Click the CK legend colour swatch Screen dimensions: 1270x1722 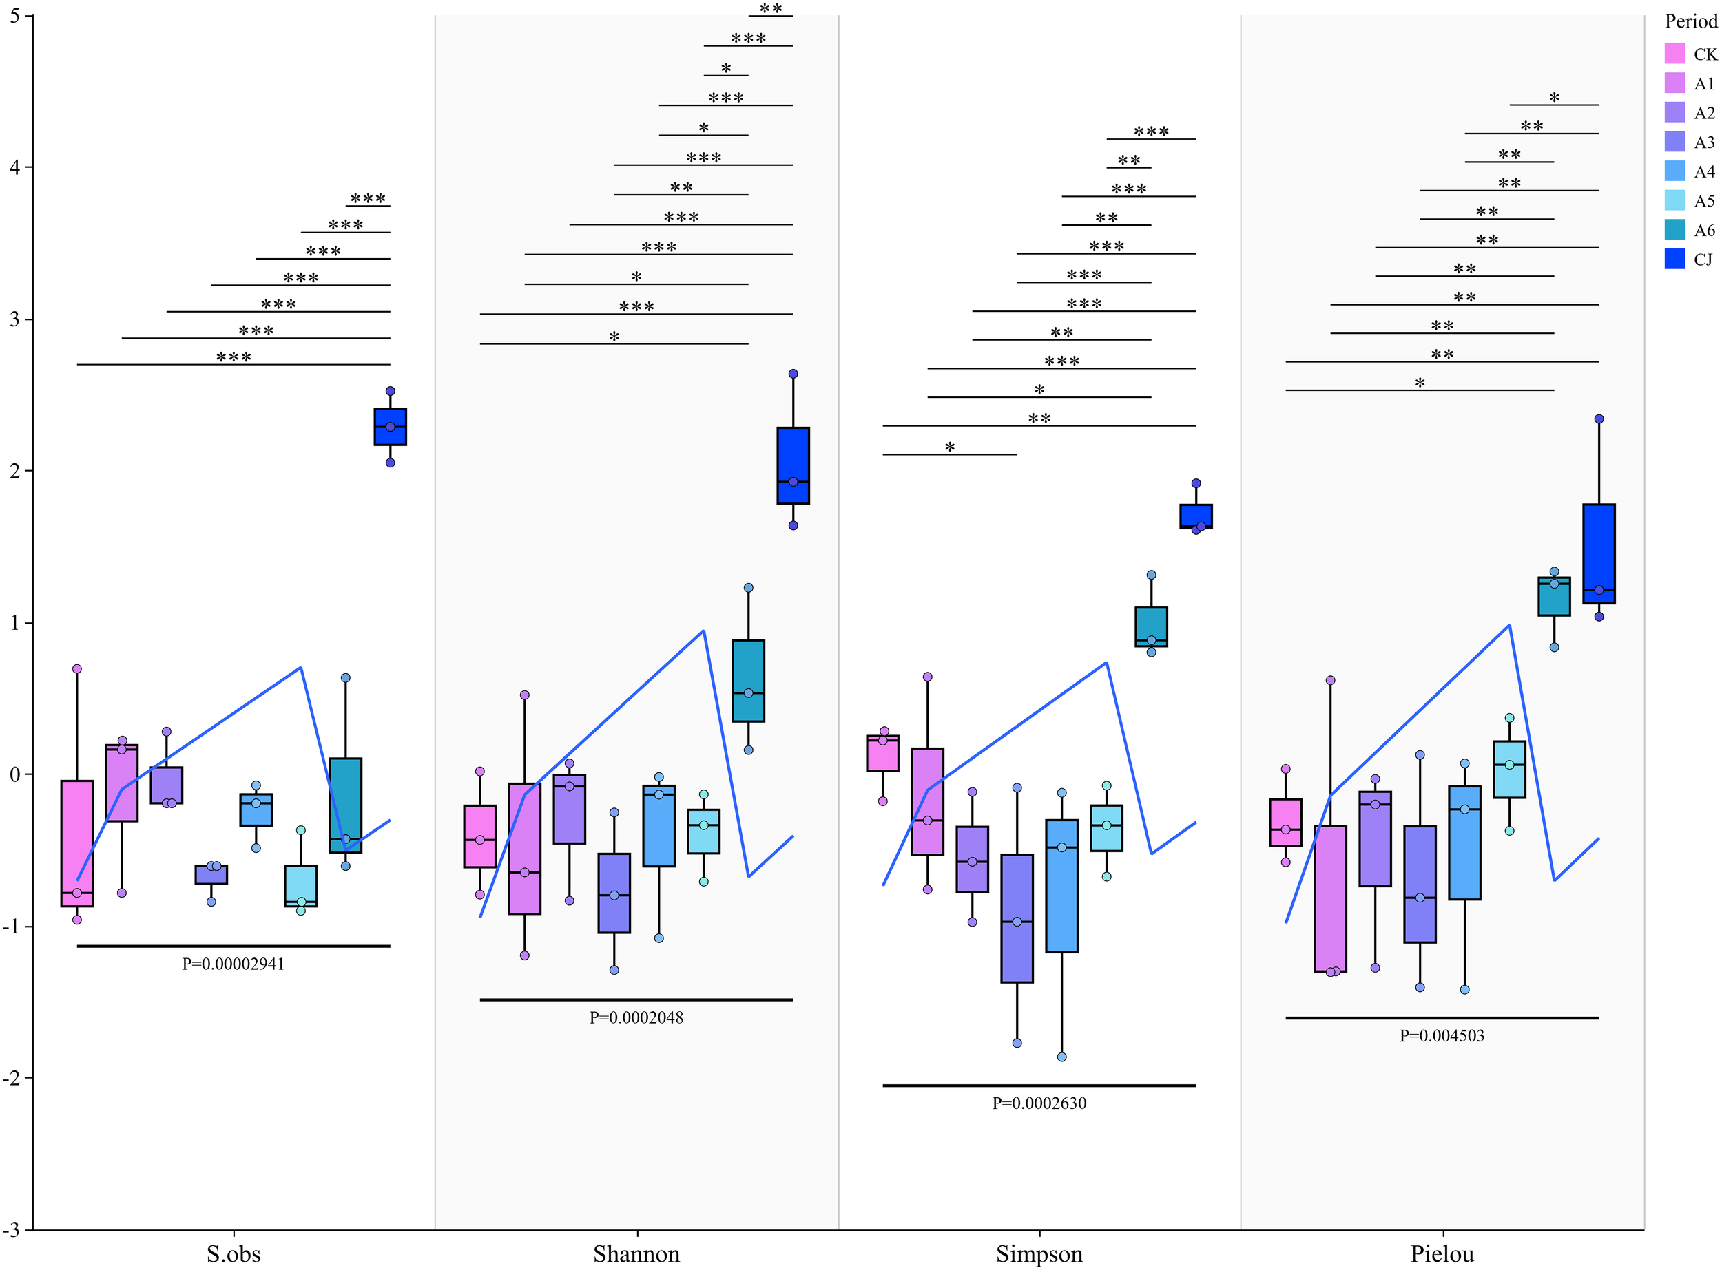(1674, 54)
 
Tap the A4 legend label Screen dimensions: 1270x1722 (1704, 172)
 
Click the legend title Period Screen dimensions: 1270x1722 (1690, 21)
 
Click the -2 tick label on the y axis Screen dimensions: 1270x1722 (13, 1079)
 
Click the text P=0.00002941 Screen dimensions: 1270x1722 (233, 964)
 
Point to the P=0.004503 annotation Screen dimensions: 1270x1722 (1442, 1035)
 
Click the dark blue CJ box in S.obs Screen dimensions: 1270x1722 (390, 427)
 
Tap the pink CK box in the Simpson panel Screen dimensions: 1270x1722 (882, 753)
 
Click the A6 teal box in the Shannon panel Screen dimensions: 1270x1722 (747, 680)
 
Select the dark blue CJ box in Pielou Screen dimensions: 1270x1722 (1598, 553)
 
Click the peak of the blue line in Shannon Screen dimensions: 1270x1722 (703, 631)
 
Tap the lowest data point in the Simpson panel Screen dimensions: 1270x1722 (1061, 1057)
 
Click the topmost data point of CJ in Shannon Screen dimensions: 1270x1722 (793, 374)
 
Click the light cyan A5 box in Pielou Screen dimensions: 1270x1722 (1509, 770)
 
